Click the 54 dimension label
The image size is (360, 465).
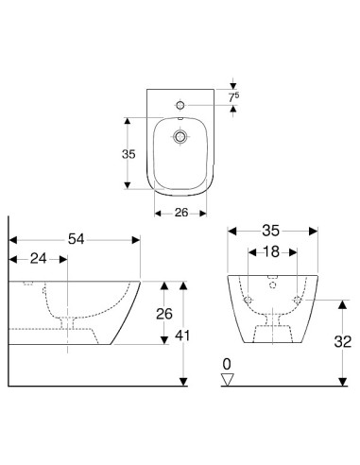tap(77, 239)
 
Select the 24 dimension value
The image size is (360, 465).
tap(39, 259)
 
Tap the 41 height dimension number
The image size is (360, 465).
tap(182, 336)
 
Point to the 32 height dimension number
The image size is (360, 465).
tap(343, 341)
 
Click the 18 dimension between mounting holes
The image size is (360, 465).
tap(271, 251)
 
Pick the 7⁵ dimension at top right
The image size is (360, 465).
tap(233, 97)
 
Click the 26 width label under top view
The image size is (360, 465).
tap(181, 213)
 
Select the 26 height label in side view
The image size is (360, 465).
tap(164, 314)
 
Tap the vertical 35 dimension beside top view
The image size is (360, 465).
tap(129, 154)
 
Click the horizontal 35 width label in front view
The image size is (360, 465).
tap(271, 231)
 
